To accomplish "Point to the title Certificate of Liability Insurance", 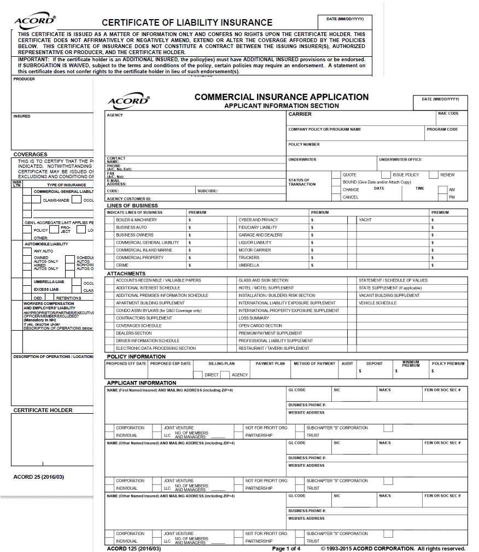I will pyautogui.click(x=187, y=23).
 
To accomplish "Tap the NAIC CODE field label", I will pyautogui.click(x=448, y=114).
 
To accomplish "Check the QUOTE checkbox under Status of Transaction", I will pyautogui.click(x=336, y=175).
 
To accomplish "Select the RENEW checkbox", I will pyautogui.click(x=433, y=175).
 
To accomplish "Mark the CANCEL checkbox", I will pyautogui.click(x=336, y=197).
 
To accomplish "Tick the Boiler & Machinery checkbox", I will pyautogui.click(x=110, y=220).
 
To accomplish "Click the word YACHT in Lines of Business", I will pyautogui.click(x=365, y=220).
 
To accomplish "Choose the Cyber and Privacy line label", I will pyautogui.click(x=258, y=220).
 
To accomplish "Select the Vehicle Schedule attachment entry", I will pyautogui.click(x=377, y=303).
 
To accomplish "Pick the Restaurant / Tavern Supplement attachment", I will pyautogui.click(x=274, y=348).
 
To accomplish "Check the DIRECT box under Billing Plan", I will pyautogui.click(x=198, y=375).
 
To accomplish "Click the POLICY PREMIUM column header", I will pyautogui.click(x=448, y=363).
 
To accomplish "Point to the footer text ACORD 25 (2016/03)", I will pyautogui.click(x=39, y=477).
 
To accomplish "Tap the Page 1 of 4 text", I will pyautogui.click(x=286, y=548).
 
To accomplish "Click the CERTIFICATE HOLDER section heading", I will pyautogui.click(x=43, y=410).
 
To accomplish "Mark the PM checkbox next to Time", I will pyautogui.click(x=442, y=197).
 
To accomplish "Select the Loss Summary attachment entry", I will pyautogui.click(x=254, y=318).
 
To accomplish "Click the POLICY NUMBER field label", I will pyautogui.click(x=304, y=145).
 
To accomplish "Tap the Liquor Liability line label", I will pyautogui.click(x=255, y=243).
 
